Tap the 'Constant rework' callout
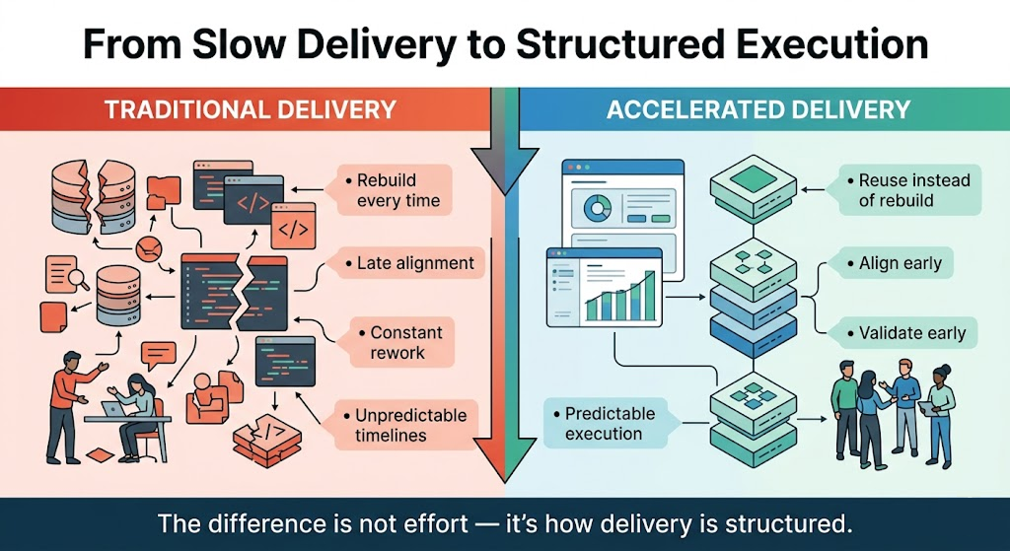pyautogui.click(x=397, y=342)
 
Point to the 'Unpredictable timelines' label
pyautogui.click(x=405, y=424)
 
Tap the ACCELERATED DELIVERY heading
pyautogui.click(x=757, y=108)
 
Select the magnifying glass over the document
pyautogui.click(x=77, y=280)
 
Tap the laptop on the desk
pyautogui.click(x=114, y=407)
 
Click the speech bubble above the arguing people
pyautogui.click(x=158, y=353)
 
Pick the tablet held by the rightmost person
pyautogui.click(x=928, y=407)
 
